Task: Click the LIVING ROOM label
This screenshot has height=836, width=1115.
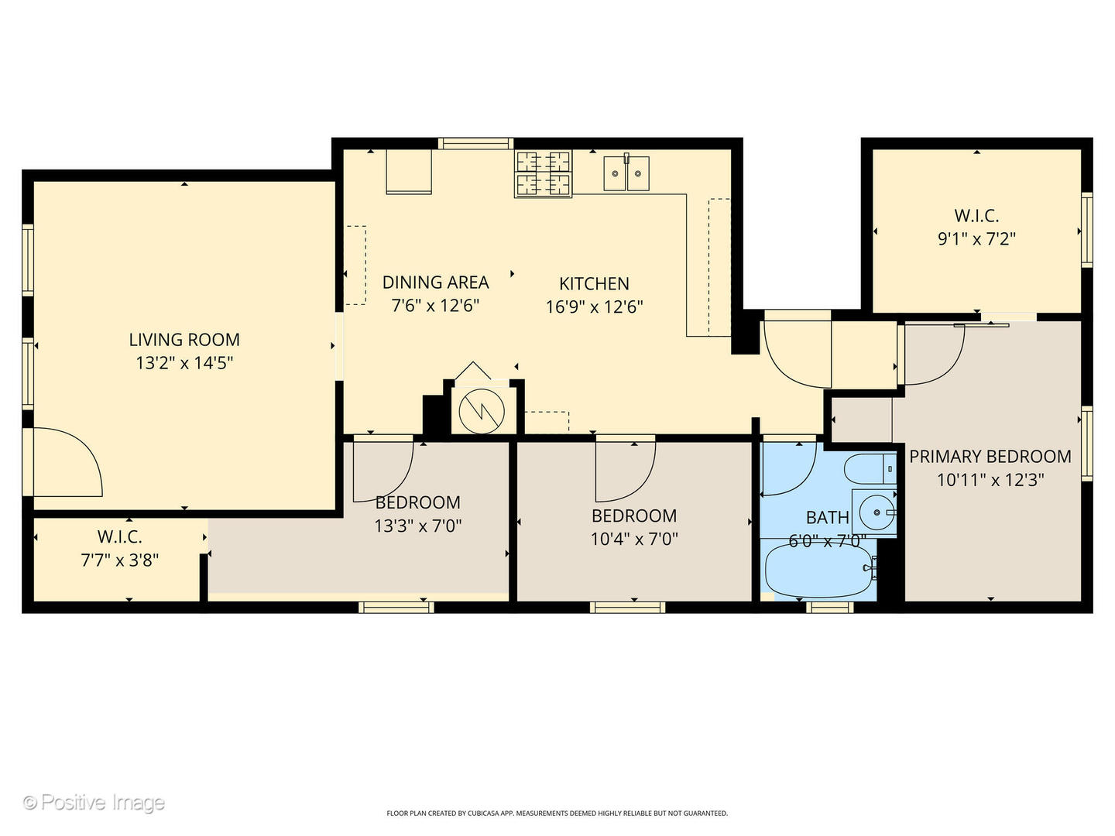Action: pyautogui.click(x=184, y=340)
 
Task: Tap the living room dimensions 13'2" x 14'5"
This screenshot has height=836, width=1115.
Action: pyautogui.click(x=184, y=363)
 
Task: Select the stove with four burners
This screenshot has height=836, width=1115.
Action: pyautogui.click(x=544, y=173)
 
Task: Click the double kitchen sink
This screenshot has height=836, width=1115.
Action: pyautogui.click(x=626, y=173)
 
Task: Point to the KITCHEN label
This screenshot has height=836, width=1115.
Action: pyautogui.click(x=594, y=284)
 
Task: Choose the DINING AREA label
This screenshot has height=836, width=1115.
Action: pyautogui.click(x=435, y=283)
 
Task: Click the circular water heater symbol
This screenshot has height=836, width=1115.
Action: pyautogui.click(x=481, y=412)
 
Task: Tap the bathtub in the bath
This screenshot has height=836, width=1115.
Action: pyautogui.click(x=819, y=571)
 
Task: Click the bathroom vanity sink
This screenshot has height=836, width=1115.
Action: pyautogui.click(x=876, y=512)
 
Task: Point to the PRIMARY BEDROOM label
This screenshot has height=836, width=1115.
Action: pyautogui.click(x=990, y=457)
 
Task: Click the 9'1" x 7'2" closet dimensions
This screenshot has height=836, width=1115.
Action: pyautogui.click(x=976, y=239)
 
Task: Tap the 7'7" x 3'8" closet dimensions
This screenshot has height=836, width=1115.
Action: pyautogui.click(x=119, y=560)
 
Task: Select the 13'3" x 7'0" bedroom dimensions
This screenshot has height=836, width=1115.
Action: pyautogui.click(x=417, y=526)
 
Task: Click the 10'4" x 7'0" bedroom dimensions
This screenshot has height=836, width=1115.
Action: pyautogui.click(x=633, y=540)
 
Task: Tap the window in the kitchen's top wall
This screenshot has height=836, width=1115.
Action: pyautogui.click(x=475, y=143)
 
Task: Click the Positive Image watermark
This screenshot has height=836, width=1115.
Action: pyautogui.click(x=94, y=803)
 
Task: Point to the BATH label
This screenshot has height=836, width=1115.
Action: pyautogui.click(x=827, y=518)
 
